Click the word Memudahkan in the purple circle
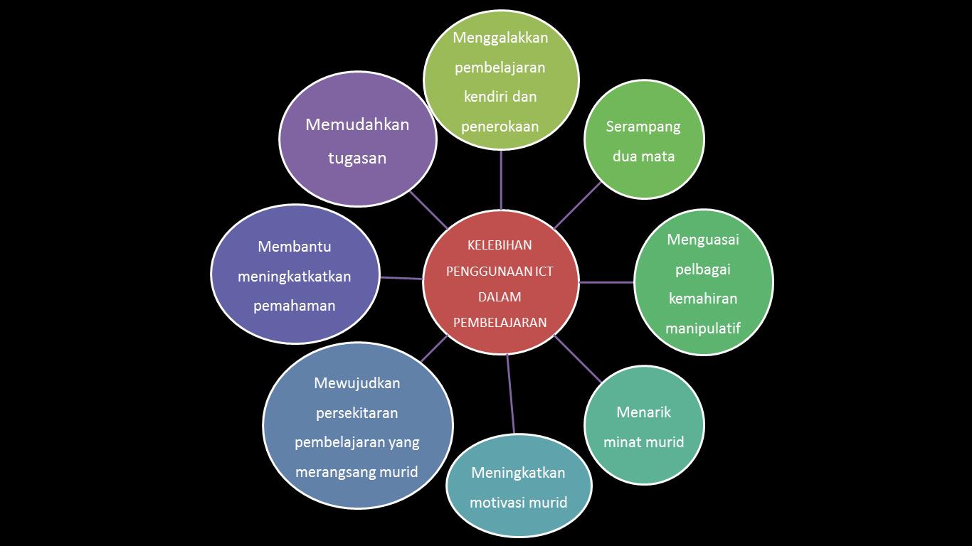(x=357, y=125)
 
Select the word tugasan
(x=357, y=158)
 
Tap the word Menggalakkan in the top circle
(x=500, y=38)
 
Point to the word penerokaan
(x=500, y=127)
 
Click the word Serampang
(x=643, y=127)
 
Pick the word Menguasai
(x=702, y=240)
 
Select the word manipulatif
(x=702, y=328)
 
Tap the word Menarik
(x=643, y=412)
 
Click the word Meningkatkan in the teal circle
(x=518, y=473)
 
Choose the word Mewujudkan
(x=356, y=383)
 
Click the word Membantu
(x=295, y=247)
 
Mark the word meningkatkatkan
(x=295, y=277)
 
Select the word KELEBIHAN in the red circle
(x=500, y=245)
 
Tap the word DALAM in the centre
(x=500, y=296)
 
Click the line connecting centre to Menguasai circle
(x=606, y=282)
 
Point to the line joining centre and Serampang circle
(x=578, y=205)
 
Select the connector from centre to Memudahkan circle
(x=428, y=210)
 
